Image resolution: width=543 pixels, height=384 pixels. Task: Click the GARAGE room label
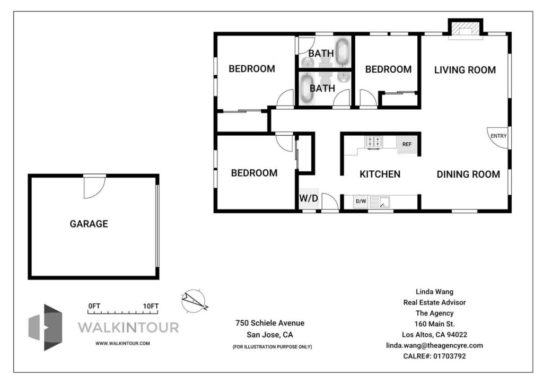point(89,224)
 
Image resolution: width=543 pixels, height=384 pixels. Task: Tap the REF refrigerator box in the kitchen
point(407,144)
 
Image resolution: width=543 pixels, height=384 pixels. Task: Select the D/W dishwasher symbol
point(361,201)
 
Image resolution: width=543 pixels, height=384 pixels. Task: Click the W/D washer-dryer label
point(309,198)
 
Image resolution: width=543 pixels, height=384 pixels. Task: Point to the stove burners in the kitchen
point(374,142)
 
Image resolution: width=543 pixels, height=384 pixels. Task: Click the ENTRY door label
point(498,136)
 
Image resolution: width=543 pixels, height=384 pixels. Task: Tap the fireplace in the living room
point(466,30)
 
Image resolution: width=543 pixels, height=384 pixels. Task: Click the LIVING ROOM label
point(465,70)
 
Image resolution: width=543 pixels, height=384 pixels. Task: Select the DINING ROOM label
point(468,174)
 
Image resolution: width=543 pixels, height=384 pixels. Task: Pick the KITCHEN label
point(380,174)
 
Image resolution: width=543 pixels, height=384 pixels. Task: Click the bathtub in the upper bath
point(342,53)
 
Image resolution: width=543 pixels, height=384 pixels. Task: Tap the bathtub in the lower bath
point(307,88)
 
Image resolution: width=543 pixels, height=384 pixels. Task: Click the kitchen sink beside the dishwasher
point(380,202)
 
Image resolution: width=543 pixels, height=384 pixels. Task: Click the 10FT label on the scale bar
point(151,306)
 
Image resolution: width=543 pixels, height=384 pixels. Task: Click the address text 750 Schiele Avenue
point(270,323)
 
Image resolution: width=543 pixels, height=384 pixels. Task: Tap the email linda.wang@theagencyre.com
point(435,346)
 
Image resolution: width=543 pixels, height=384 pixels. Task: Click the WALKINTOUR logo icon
point(46,328)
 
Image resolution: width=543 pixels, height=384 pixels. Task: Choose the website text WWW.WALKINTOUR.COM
point(122,344)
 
